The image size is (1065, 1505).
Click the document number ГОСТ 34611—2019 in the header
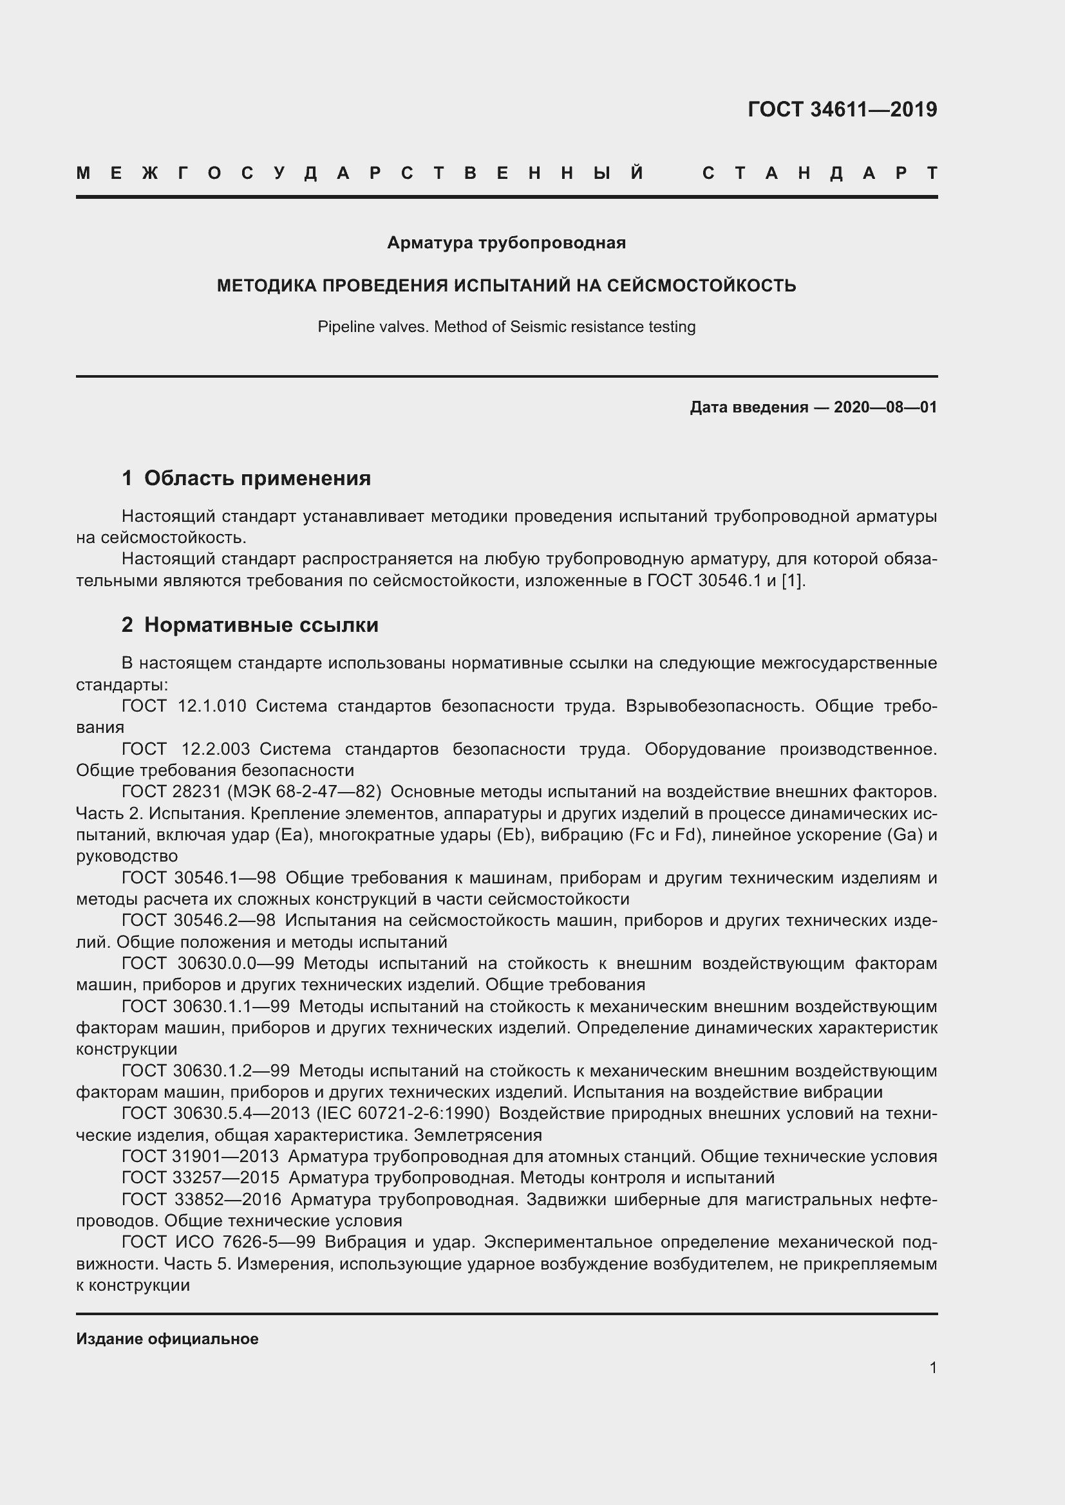pos(842,109)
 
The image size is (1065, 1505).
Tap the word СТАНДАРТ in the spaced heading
pos(820,173)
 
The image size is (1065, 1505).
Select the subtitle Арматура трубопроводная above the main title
pos(506,243)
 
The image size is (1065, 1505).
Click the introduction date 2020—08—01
pos(885,407)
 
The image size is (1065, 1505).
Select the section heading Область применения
pos(257,478)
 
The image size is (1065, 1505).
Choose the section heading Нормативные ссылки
pos(261,625)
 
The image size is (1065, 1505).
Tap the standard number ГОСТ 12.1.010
pos(184,706)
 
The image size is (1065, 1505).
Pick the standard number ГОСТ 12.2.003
pos(186,748)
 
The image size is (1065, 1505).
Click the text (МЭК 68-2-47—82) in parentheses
pos(305,792)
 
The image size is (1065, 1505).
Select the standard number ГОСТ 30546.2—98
pos(198,920)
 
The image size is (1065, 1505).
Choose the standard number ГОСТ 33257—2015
pos(200,1178)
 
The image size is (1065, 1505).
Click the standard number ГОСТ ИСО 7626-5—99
pos(218,1242)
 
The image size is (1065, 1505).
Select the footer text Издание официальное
pos(167,1338)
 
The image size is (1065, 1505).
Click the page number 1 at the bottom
pos(932,1367)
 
